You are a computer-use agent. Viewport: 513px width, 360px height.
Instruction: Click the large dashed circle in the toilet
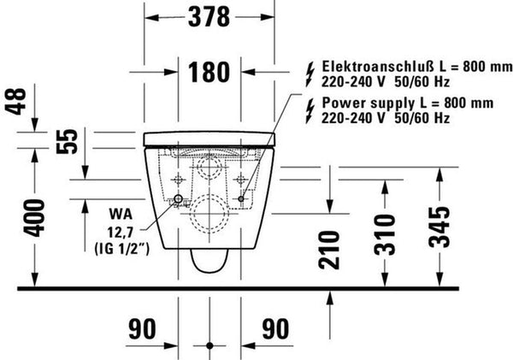(210, 213)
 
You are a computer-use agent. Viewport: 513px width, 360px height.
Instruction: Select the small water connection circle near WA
(177, 200)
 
